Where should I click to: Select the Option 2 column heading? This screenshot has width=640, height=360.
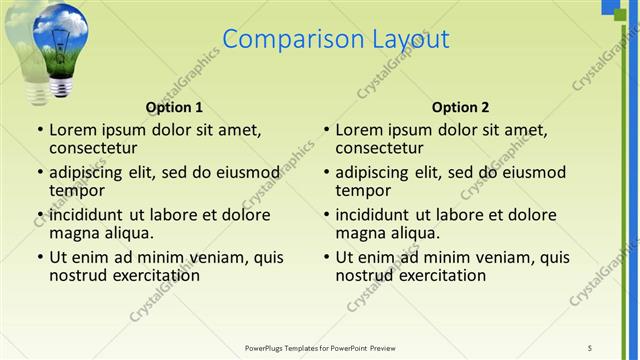460,107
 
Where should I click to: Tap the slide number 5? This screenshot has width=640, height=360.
590,347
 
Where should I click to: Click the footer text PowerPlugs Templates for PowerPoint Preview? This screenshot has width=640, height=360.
320,347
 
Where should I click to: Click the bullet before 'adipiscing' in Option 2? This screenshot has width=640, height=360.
327,172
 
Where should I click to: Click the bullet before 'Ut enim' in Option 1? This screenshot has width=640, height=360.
40,257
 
